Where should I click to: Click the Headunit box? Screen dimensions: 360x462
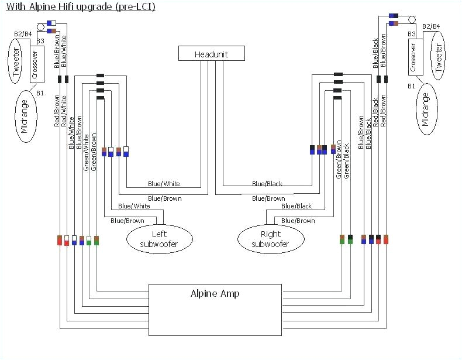pyautogui.click(x=211, y=54)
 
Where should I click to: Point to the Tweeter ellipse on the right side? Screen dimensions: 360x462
pyautogui.click(x=439, y=55)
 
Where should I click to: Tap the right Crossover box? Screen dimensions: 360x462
pyautogui.click(x=413, y=57)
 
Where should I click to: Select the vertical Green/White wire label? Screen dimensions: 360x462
pyautogui.click(x=86, y=152)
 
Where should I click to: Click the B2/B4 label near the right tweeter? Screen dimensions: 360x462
pyautogui.click(x=430, y=26)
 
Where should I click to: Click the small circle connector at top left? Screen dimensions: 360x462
pyautogui.click(x=42, y=27)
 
